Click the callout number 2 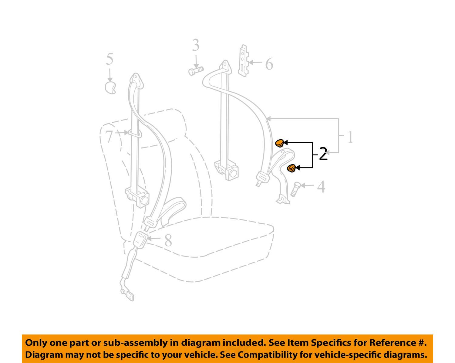click(x=323, y=154)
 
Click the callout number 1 click(x=350, y=137)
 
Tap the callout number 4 click(x=321, y=187)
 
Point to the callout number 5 click(x=110, y=59)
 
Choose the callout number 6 click(x=269, y=64)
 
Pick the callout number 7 click(x=109, y=136)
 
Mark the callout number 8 click(x=168, y=240)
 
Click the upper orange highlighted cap click(x=279, y=143)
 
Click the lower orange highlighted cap click(x=291, y=168)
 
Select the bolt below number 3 click(x=196, y=71)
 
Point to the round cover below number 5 click(x=110, y=88)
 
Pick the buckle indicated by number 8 click(x=140, y=240)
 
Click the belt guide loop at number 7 click(x=134, y=134)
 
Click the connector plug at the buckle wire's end click(x=128, y=295)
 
